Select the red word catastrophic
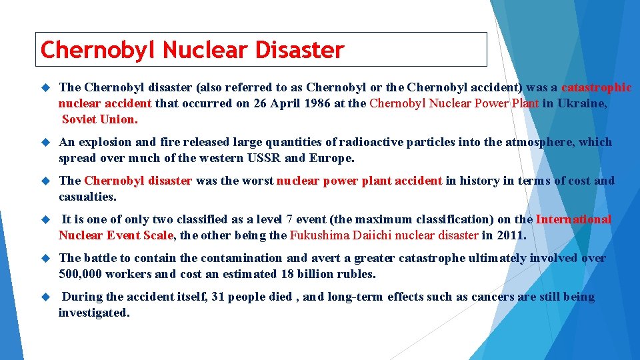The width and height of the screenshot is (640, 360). [x=597, y=87]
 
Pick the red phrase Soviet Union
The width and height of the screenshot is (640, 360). [x=100, y=120]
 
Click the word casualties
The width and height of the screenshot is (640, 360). [x=87, y=197]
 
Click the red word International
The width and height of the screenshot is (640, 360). [x=573, y=219]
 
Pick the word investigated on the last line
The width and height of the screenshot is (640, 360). [x=93, y=313]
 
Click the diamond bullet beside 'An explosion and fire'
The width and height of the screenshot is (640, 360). [x=45, y=143]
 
